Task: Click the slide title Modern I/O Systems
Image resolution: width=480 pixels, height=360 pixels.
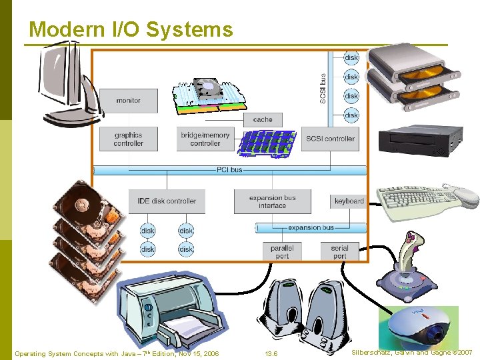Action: coord(131,30)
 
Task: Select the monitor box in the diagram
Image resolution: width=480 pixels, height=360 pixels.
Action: coord(128,101)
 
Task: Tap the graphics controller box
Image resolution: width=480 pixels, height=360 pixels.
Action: coord(128,139)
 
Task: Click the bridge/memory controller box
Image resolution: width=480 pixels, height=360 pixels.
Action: coord(205,139)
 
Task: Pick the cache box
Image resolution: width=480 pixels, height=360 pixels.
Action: coord(263,120)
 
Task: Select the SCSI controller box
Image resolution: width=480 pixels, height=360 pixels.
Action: coord(330,139)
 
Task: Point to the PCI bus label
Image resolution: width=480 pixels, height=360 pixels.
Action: coord(229,170)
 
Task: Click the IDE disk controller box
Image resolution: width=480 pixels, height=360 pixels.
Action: coord(167,201)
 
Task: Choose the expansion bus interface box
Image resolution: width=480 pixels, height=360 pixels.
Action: coord(272,201)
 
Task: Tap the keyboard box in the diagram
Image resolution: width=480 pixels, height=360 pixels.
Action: coord(349,201)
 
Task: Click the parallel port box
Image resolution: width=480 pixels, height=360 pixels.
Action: coord(282,251)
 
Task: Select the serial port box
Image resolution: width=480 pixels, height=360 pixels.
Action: coord(339,251)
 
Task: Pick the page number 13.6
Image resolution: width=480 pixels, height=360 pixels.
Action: coord(271,353)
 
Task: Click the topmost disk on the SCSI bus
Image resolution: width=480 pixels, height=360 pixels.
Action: coord(351,58)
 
